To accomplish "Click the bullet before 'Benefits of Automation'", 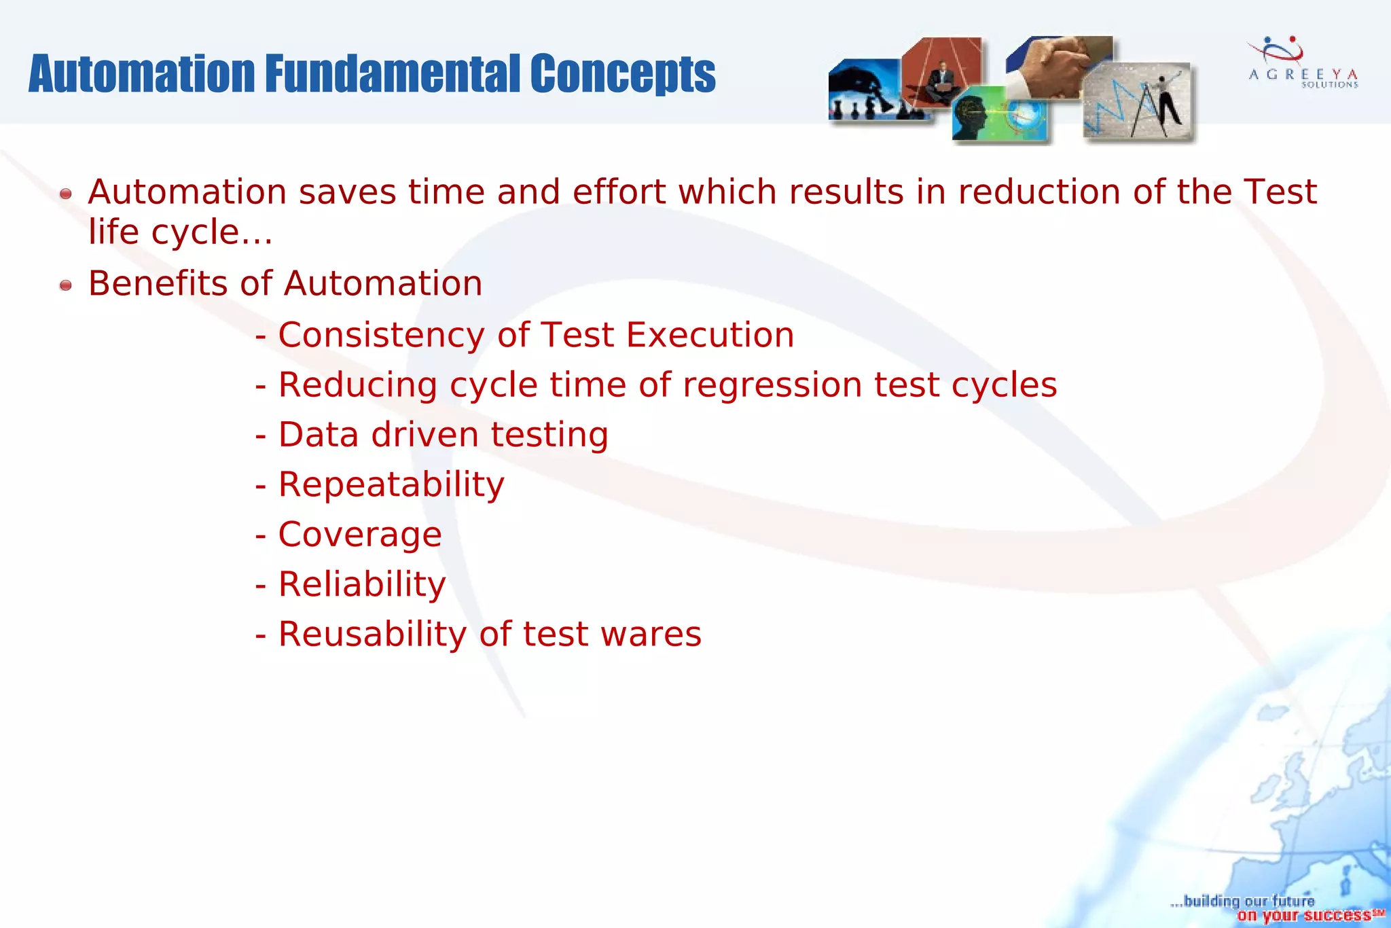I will click(x=65, y=285).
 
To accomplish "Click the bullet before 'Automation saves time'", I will click(x=65, y=194).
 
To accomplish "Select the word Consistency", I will click(x=381, y=335).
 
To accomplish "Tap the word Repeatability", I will click(x=391, y=485).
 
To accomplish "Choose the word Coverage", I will click(x=360, y=535).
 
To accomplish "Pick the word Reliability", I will click(x=362, y=584).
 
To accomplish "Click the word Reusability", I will click(x=372, y=635).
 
